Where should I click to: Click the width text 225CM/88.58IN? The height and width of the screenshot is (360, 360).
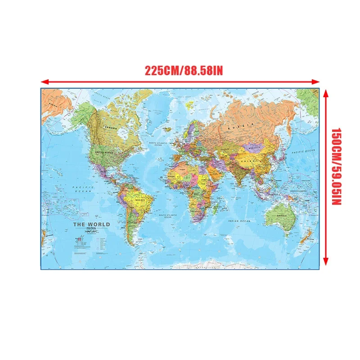pyautogui.click(x=184, y=71)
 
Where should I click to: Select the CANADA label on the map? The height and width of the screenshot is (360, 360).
pyautogui.click(x=110, y=128)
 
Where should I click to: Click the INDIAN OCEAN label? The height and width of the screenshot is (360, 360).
pyautogui.click(x=239, y=221)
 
